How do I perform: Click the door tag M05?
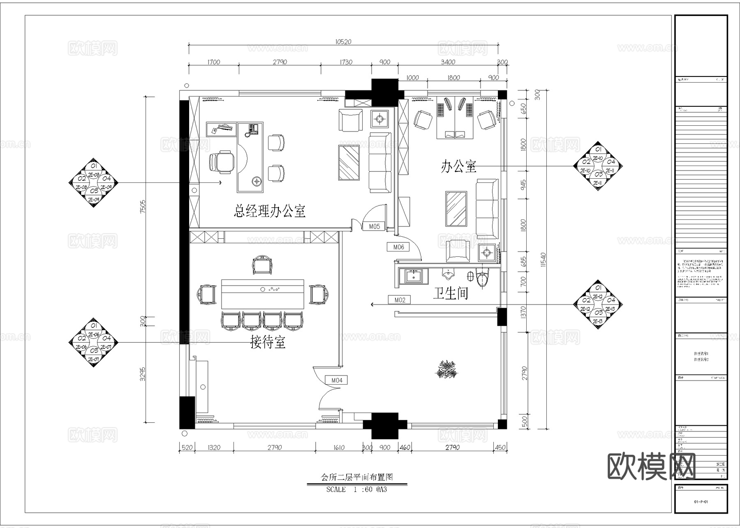click(374, 226)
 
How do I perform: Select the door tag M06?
click(398, 247)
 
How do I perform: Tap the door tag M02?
click(400, 300)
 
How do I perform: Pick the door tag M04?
click(336, 380)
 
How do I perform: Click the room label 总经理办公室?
click(270, 211)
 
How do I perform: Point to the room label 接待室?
click(268, 342)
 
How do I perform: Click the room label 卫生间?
click(451, 293)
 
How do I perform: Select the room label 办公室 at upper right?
click(458, 166)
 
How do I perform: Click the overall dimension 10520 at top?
click(343, 42)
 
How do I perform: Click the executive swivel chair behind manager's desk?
click(222, 161)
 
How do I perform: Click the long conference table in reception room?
click(263, 294)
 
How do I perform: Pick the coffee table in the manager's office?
click(349, 162)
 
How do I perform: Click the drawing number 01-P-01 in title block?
click(701, 502)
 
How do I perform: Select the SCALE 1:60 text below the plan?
click(356, 489)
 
